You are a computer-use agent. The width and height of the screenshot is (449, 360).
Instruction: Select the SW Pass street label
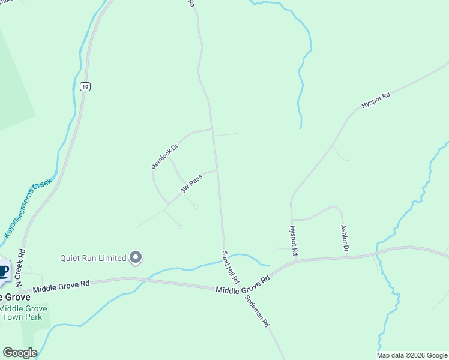(190, 185)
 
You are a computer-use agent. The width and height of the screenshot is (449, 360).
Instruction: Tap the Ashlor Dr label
(345, 238)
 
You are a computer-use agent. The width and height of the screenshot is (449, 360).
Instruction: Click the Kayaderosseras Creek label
(28, 208)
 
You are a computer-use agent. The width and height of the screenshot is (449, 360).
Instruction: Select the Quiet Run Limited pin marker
(136, 258)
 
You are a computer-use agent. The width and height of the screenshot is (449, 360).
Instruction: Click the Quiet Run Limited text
(93, 259)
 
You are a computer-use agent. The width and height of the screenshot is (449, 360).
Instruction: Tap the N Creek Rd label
(20, 267)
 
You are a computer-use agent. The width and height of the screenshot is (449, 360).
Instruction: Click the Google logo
(20, 353)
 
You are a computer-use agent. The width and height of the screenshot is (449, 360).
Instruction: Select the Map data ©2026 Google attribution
(412, 355)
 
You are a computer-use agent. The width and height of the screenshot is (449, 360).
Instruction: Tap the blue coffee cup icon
(4, 272)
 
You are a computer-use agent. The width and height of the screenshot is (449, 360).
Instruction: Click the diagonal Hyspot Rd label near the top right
(376, 100)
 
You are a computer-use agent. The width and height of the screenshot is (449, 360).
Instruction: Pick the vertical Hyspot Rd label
(294, 241)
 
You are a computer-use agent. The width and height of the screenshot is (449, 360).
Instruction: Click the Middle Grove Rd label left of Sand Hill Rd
(61, 286)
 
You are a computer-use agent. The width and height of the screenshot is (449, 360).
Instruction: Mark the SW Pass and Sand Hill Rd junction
(217, 171)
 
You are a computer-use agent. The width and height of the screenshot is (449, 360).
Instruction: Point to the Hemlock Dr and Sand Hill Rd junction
(212, 129)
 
